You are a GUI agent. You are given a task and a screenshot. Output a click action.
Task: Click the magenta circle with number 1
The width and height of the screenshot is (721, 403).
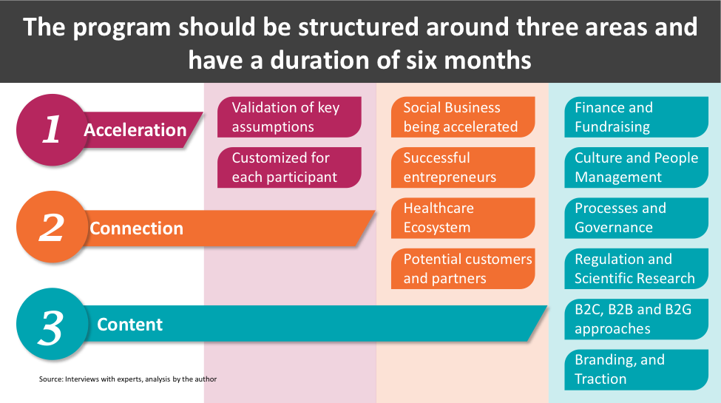click(52, 129)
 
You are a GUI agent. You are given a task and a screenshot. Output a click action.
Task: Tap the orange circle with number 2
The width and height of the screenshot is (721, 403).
click(52, 227)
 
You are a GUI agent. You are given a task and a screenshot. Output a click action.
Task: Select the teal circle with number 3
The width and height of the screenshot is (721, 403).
click(52, 324)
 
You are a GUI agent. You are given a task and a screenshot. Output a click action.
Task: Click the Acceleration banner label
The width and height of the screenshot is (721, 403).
click(135, 130)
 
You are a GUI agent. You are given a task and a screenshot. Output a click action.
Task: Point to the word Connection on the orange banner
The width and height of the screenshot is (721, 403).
click(136, 228)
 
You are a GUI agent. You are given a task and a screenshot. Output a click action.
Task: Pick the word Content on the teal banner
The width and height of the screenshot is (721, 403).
click(129, 325)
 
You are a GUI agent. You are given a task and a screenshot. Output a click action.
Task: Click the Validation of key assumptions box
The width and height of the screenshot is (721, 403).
click(289, 117)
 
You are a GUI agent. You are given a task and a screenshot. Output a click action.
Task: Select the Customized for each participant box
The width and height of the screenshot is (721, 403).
click(289, 167)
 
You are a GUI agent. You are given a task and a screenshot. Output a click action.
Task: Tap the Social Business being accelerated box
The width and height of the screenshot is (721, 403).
click(463, 117)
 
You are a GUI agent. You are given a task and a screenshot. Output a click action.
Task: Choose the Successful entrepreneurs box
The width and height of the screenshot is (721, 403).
click(463, 167)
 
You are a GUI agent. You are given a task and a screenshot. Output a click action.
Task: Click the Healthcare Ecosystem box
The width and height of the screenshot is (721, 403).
click(463, 218)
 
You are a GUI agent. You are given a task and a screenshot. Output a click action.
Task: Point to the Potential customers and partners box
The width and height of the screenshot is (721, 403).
click(463, 268)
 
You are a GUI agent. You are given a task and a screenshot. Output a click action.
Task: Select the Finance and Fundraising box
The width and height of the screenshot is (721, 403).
click(637, 117)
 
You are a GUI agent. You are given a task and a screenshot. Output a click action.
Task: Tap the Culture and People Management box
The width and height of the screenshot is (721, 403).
click(637, 167)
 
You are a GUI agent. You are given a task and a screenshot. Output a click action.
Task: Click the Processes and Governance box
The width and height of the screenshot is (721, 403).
click(637, 218)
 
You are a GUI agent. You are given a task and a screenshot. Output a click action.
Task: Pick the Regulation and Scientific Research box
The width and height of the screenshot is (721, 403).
click(637, 268)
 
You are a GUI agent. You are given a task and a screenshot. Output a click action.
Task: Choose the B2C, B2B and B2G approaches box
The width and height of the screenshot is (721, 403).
click(637, 319)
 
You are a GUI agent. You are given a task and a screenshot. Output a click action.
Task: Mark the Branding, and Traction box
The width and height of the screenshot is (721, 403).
click(637, 370)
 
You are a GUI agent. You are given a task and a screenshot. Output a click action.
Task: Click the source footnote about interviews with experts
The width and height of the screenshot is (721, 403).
click(128, 379)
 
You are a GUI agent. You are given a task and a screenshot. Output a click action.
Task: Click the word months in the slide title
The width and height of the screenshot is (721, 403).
click(488, 61)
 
